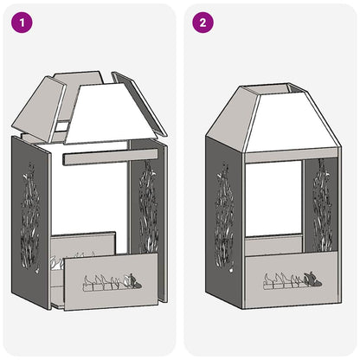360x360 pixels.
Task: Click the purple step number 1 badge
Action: [x=22, y=22]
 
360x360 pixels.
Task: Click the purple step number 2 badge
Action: [x=202, y=22]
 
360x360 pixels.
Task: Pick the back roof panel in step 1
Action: [x=82, y=80]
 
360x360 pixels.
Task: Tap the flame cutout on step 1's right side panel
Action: [x=145, y=208]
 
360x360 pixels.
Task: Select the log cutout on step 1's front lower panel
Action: [x=108, y=281]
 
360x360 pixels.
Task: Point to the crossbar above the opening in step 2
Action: [x=275, y=157]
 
